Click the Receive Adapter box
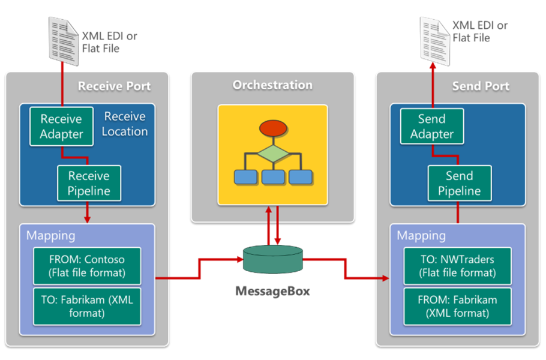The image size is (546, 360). coord(61,127)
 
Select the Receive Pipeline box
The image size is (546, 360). coord(89,184)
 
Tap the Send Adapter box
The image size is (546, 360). coord(432,127)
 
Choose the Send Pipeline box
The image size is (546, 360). coord(459,184)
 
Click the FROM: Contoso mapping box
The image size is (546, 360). coord(87,266)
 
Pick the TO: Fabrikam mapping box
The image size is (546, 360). coord(87,307)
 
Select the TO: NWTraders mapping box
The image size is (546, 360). coord(458,266)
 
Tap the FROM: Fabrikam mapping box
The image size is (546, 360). coord(458,307)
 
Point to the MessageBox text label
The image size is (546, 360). coord(273,292)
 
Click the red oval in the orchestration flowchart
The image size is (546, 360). coord(272,129)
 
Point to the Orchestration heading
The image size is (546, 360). coord(272,85)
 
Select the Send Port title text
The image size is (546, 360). coord(480,86)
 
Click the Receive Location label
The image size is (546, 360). coord(124,123)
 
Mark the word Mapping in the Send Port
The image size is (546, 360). coord(421,235)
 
